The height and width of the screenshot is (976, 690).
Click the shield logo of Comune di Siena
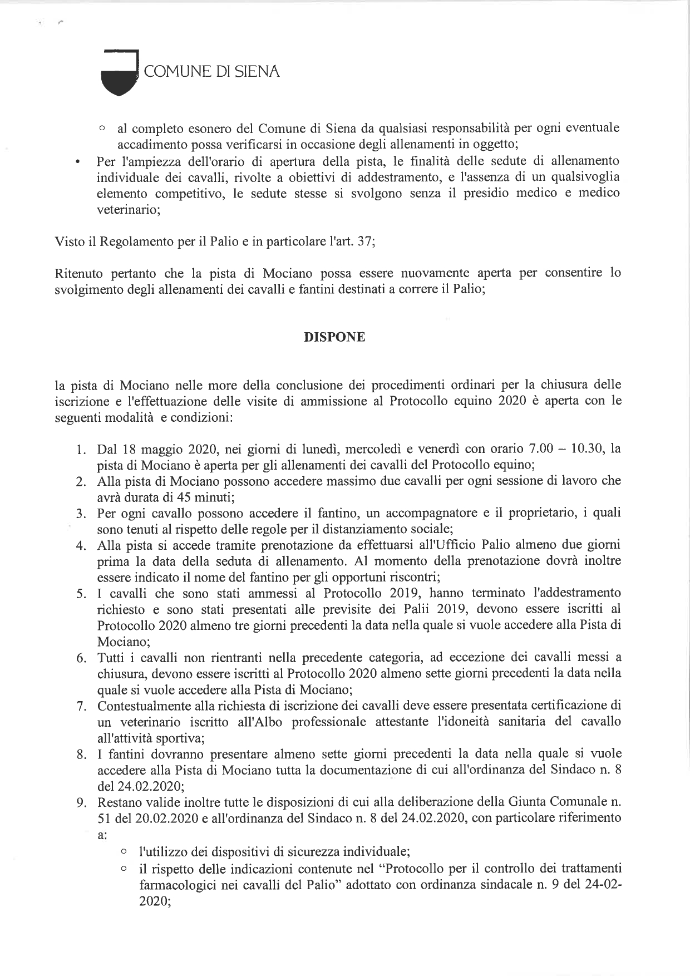(x=119, y=72)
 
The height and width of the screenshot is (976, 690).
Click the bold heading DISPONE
(x=334, y=337)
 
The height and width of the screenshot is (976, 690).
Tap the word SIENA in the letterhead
(x=257, y=72)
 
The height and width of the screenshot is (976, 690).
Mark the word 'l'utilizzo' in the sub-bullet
(x=162, y=852)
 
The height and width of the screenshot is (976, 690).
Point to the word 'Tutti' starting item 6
(x=111, y=658)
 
